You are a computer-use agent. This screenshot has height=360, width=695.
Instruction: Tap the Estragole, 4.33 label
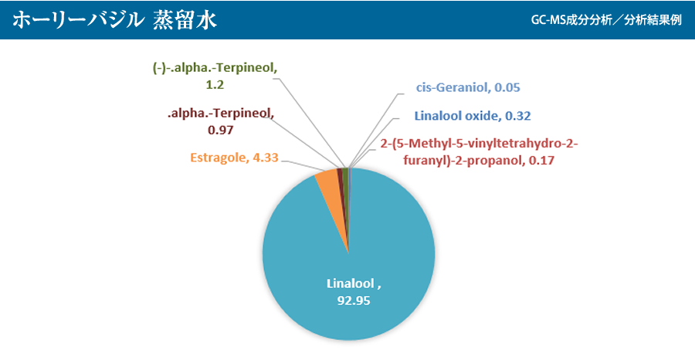pos(235,158)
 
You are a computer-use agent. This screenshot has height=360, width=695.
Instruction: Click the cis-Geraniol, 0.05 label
pos(468,87)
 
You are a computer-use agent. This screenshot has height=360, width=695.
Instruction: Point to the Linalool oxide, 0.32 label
pos(473,116)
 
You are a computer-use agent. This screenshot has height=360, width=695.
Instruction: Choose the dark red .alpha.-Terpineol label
pos(221,121)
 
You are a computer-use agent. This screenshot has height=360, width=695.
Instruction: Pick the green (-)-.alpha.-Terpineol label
pos(216,76)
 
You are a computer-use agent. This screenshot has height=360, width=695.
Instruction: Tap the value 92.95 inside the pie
pos(354,301)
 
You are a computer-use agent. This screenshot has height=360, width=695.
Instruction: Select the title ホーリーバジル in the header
pos(77,20)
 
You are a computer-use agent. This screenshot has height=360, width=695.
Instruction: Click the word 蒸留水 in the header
pos(185,20)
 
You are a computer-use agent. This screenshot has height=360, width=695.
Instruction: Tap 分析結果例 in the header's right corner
pos(653,21)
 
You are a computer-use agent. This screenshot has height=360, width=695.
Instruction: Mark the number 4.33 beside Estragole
pos(265,158)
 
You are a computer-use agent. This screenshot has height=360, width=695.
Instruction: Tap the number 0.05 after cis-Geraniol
pos(507,87)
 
